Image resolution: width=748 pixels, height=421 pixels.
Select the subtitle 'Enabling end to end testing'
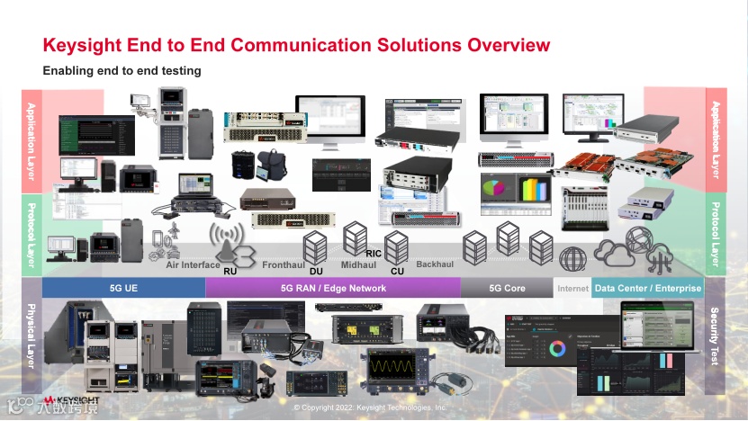[x=122, y=70]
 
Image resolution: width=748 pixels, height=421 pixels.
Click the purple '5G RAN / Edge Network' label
[x=333, y=288]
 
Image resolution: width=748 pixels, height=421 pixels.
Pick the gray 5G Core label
[x=507, y=288]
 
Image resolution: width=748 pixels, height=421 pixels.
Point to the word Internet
[x=572, y=289]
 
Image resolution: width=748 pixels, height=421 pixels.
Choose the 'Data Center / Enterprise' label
[x=647, y=288]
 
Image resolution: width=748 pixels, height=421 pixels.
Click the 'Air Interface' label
[x=193, y=265]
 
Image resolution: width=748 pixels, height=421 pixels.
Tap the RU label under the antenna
[x=230, y=270]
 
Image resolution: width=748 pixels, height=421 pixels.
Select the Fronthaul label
[x=282, y=265]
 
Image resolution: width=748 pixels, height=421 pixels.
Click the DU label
[x=315, y=270]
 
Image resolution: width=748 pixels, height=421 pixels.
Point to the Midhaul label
[x=358, y=265]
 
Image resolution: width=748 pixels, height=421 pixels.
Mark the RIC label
[x=374, y=254]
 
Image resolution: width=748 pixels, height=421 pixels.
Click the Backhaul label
[x=435, y=265]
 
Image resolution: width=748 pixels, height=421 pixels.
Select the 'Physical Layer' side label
[x=32, y=335]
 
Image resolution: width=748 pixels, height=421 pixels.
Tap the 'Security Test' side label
[x=715, y=335]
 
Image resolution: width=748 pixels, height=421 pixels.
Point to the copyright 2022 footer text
[x=370, y=408]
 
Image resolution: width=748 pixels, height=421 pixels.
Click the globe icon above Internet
[x=572, y=259]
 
